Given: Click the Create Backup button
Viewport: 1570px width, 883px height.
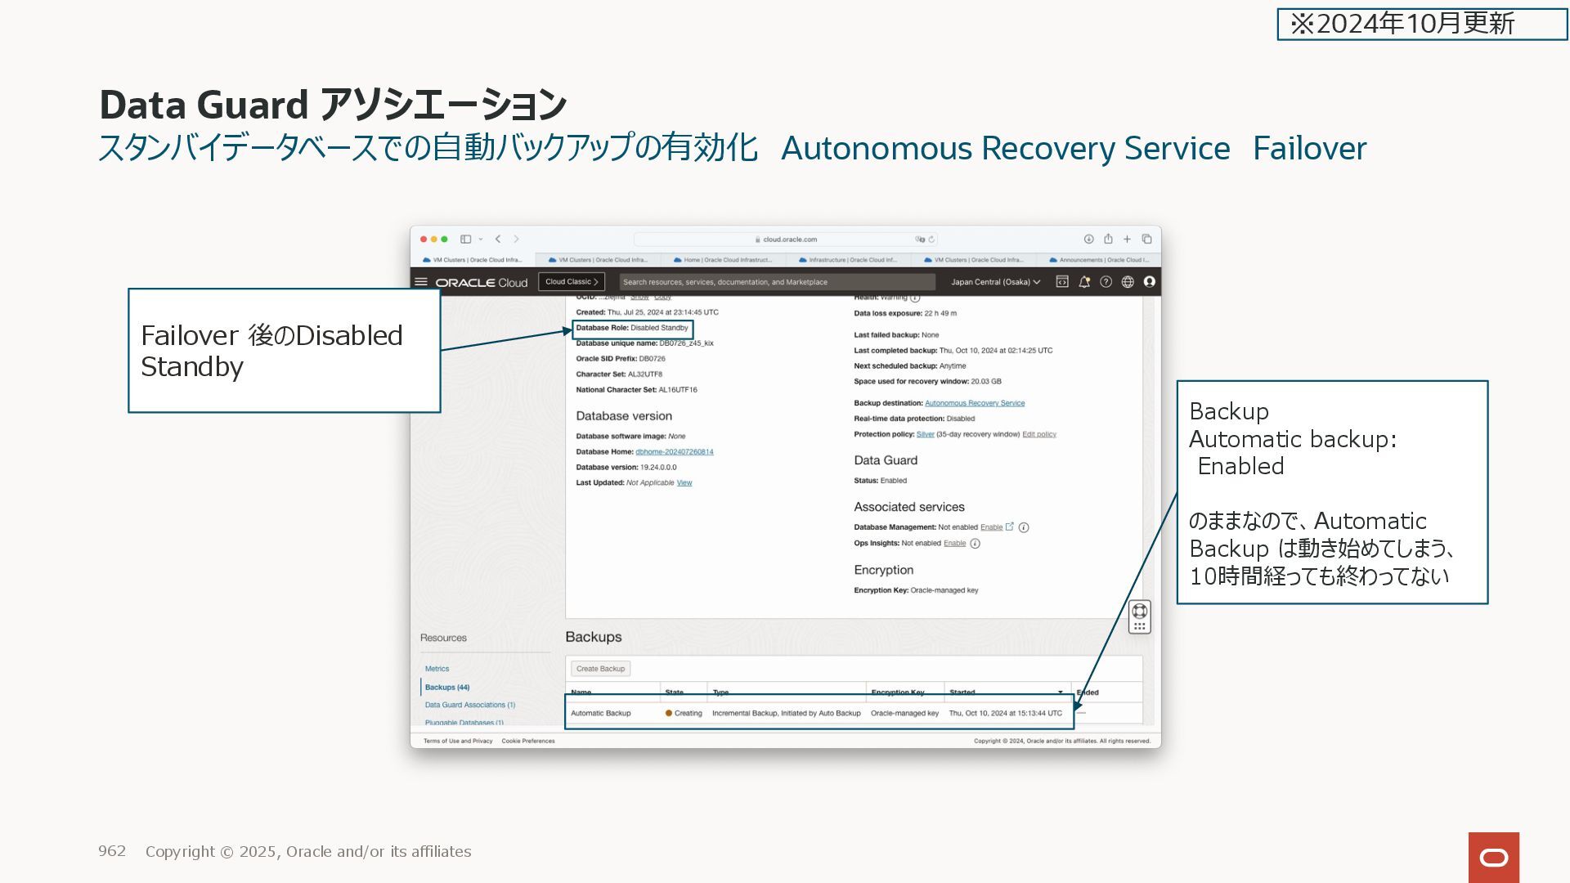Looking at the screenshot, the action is click(600, 669).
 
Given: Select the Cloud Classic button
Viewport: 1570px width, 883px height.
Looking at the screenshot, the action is click(572, 282).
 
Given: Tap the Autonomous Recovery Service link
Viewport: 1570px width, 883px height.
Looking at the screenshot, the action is click(974, 403).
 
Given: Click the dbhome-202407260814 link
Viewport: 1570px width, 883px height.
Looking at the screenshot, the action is click(674, 452).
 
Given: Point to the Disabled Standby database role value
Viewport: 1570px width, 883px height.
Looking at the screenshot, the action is click(659, 328).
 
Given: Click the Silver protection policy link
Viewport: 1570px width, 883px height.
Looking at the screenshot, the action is click(925, 434).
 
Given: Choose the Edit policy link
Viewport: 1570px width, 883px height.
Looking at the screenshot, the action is click(1038, 434).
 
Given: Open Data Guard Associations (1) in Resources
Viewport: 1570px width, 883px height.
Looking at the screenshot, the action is click(469, 705).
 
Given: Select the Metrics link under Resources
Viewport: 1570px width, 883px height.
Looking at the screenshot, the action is click(437, 669).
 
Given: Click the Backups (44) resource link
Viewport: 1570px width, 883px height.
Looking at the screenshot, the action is click(446, 688).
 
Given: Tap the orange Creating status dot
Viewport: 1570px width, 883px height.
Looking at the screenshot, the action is click(668, 713).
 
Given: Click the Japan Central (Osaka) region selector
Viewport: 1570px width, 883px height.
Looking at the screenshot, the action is click(995, 282).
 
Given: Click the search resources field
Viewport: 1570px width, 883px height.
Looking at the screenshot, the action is click(777, 282).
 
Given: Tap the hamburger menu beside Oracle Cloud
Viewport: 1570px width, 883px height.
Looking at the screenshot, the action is click(421, 282).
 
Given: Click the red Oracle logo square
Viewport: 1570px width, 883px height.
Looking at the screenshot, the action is click(1493, 857).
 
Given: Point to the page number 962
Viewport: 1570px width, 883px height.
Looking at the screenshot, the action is click(112, 851).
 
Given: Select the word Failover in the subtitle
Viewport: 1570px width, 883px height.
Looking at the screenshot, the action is click(1309, 148).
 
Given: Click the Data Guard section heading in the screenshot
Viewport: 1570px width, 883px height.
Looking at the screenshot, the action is click(886, 460).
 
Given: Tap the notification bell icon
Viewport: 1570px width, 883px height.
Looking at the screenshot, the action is click(1084, 282).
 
